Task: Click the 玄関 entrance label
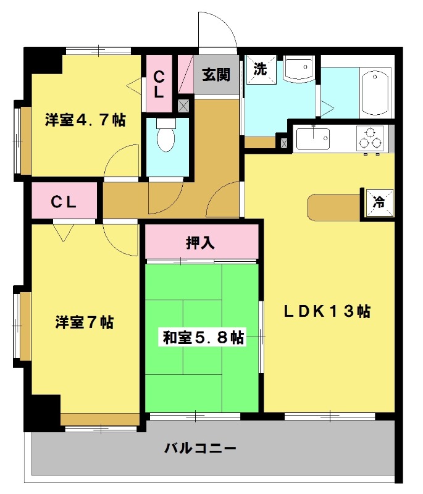coord(216,75)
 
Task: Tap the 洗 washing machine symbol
coord(260,69)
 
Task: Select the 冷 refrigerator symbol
coord(379,201)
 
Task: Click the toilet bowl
coord(166,137)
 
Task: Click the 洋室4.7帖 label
coord(85,120)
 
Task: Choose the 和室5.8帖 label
coord(203,338)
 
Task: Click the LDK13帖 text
coord(327,312)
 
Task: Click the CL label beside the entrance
coord(159,84)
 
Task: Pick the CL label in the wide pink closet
coord(63,202)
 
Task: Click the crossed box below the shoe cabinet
coord(183,105)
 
